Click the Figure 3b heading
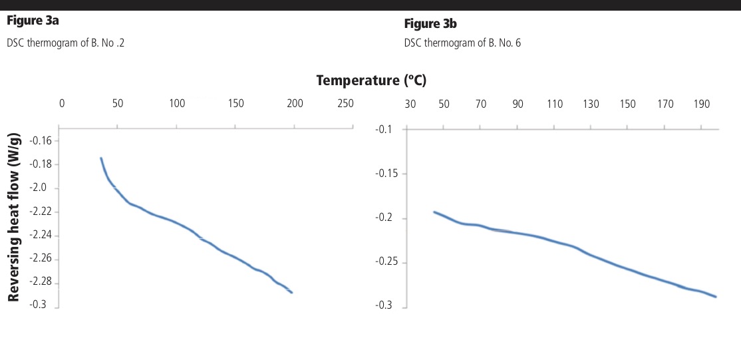click(x=430, y=24)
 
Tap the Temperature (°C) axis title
click(x=371, y=81)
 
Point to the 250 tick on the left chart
click(x=345, y=104)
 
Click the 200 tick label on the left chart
click(x=295, y=104)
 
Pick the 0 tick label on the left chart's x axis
click(x=62, y=104)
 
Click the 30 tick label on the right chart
click(x=410, y=104)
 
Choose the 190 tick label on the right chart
click(x=702, y=104)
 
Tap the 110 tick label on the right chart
click(x=555, y=104)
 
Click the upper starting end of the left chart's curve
click(x=101, y=158)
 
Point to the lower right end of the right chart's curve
click(x=716, y=296)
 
